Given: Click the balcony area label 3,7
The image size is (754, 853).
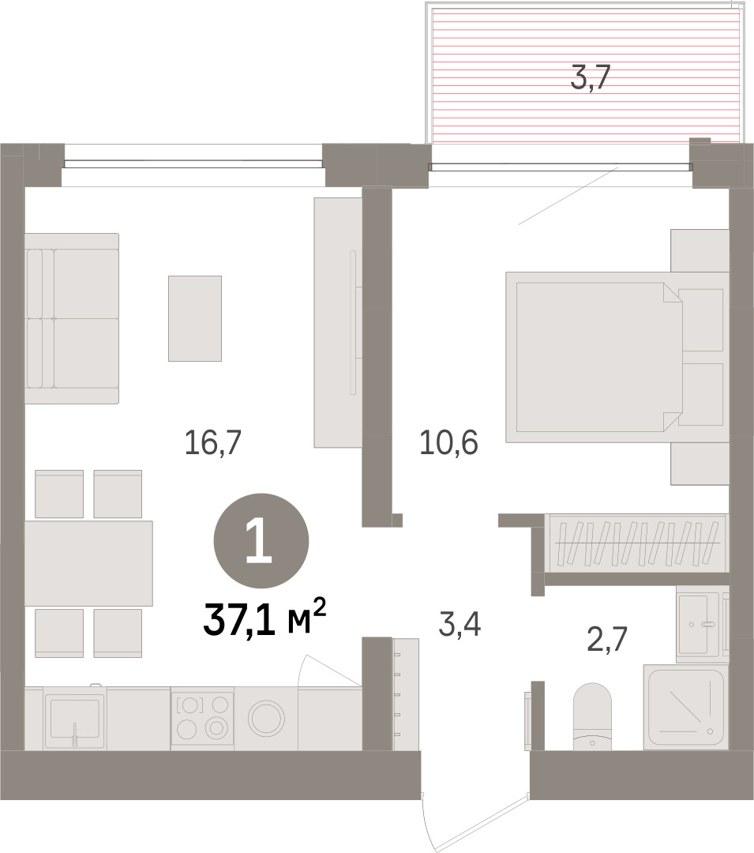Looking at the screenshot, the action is [x=591, y=77].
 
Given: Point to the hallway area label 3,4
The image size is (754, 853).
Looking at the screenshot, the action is [x=460, y=624].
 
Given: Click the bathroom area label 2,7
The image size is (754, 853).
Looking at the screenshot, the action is [x=607, y=639].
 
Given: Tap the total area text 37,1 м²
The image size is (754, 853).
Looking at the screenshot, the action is [x=264, y=618].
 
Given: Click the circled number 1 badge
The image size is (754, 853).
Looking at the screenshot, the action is [x=261, y=541].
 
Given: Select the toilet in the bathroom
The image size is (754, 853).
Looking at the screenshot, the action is [x=593, y=716].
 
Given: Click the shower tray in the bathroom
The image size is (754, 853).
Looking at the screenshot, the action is [x=685, y=707].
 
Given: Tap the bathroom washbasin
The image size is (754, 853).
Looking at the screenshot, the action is [x=698, y=624].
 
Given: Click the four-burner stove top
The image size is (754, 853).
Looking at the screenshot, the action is [x=202, y=718].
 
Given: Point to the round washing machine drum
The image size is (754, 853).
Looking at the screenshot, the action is [x=266, y=718].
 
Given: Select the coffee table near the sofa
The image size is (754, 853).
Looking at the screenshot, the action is [x=194, y=318].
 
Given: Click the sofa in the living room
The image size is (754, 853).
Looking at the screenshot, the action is [x=72, y=319].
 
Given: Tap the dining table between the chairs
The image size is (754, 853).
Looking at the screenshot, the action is [x=88, y=563].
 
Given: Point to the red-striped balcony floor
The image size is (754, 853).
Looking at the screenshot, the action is [x=586, y=75].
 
